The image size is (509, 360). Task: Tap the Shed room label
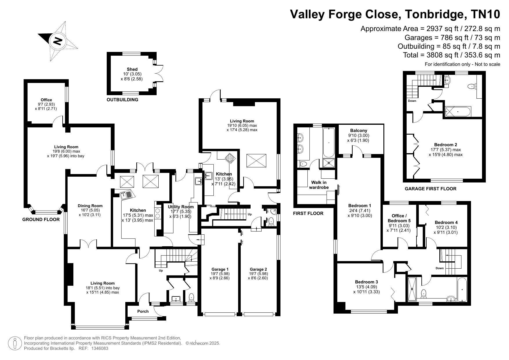pos(132,69)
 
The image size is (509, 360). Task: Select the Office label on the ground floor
pos(46,100)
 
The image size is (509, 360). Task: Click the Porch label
pos(143,311)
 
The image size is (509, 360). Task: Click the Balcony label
pos(358,131)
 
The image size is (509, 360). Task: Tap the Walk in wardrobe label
pos(319,185)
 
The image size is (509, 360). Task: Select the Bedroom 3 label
pos(367,282)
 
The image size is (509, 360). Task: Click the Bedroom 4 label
pos(446,222)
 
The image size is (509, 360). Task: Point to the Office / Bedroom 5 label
pos(399,218)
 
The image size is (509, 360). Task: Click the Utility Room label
pos(181,207)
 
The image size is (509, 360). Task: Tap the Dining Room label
pos(90,206)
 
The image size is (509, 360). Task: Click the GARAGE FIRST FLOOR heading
pos(430,189)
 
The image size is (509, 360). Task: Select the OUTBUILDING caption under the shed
pos(122,100)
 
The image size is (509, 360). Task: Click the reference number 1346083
pos(100,348)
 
